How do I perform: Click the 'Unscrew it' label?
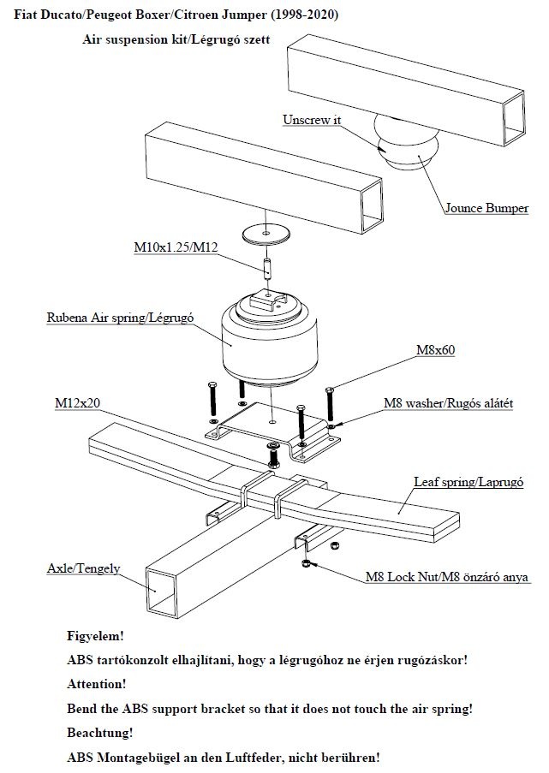click(312, 120)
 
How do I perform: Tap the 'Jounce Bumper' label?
click(486, 208)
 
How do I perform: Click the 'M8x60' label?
click(435, 350)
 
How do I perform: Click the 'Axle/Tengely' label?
click(84, 568)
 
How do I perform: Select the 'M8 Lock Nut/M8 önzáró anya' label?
click(447, 578)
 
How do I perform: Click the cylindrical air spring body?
click(265, 347)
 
